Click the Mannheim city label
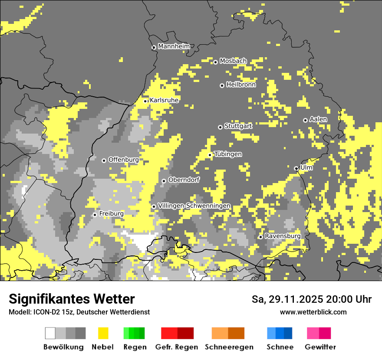[174, 46]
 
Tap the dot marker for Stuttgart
[220, 127]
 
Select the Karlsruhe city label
[164, 100]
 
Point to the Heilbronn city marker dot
[222, 85]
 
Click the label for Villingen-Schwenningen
[194, 206]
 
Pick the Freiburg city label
[111, 214]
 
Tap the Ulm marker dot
[296, 168]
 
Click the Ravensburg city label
[283, 236]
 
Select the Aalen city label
[318, 119]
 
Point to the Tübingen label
[228, 154]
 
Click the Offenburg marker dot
[104, 160]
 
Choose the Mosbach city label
[233, 61]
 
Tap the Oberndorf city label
[184, 180]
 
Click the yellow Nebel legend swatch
[103, 333]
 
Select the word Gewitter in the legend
[320, 347]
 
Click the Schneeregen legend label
[229, 347]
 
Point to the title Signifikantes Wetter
[72, 299]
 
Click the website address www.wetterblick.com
[313, 312]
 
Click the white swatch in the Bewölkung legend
[50, 333]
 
